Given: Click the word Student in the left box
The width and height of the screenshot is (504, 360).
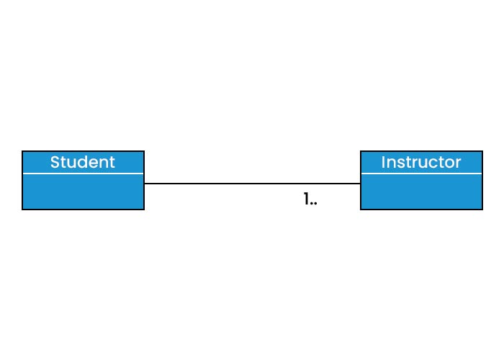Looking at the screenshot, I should [82, 162].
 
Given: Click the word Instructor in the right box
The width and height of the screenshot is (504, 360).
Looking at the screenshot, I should [421, 162].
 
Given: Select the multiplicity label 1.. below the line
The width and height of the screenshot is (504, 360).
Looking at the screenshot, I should [310, 199].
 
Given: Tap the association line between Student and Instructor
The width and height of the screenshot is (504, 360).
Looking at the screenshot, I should [252, 184].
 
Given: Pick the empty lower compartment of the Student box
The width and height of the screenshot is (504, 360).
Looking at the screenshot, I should [83, 192].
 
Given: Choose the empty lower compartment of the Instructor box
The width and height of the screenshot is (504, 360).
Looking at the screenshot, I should [421, 192].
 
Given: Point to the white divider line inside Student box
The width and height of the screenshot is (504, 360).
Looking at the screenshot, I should [83, 174].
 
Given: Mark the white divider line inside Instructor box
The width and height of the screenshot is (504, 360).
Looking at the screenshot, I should [421, 174].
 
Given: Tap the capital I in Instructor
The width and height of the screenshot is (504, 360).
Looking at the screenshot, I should [384, 163].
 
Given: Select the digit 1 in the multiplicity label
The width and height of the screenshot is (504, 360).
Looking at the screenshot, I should [306, 199].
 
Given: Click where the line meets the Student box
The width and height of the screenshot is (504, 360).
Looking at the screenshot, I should [144, 184].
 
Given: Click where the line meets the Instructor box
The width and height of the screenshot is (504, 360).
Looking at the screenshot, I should [360, 184].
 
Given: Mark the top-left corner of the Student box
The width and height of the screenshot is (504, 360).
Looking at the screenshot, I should [22, 151].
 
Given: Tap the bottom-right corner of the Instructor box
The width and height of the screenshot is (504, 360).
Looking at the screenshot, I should [482, 209].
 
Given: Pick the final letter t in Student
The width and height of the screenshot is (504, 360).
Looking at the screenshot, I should [112, 163].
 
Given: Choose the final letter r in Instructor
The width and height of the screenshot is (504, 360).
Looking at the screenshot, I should [458, 163].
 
